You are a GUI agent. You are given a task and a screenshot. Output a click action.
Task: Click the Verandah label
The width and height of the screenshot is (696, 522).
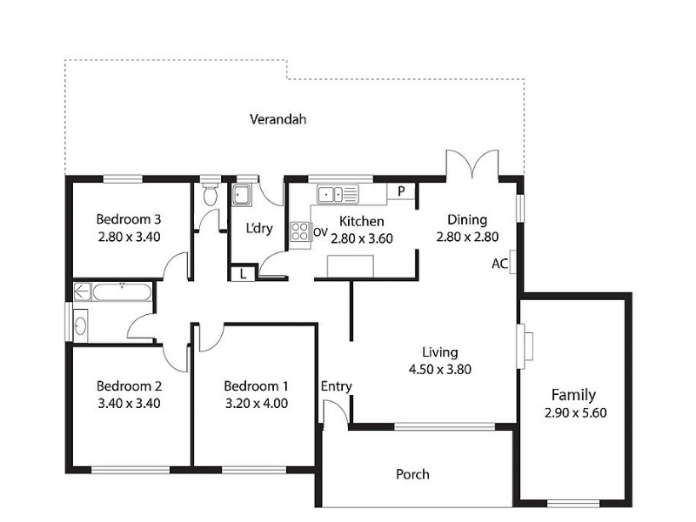(x=278, y=119)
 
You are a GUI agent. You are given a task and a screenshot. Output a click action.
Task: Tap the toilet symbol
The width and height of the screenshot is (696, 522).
(x=211, y=192)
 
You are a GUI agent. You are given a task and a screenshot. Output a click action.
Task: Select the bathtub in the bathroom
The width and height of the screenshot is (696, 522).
(x=122, y=292)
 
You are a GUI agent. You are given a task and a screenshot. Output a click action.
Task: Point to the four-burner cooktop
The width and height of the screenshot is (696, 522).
(x=299, y=231)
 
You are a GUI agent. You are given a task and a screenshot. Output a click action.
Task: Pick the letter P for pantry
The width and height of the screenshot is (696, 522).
(x=401, y=191)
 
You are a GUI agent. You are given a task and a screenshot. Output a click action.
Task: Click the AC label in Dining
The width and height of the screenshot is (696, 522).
(x=499, y=264)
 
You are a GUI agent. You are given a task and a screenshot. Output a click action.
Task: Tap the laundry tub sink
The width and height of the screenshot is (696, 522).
(x=242, y=195)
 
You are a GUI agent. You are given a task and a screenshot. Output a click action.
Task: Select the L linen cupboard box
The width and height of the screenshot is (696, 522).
(x=243, y=273)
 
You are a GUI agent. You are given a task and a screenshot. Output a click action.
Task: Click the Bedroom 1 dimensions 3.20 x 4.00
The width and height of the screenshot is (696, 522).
(x=257, y=404)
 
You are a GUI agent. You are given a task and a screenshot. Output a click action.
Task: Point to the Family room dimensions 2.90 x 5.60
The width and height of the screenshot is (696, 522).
(x=575, y=412)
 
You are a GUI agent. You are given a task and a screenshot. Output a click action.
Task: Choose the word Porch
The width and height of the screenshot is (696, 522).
(x=412, y=474)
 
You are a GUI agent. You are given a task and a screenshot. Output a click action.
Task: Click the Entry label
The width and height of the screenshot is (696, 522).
(x=337, y=386)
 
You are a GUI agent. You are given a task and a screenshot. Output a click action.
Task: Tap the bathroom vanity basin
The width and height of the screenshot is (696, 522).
(x=80, y=326)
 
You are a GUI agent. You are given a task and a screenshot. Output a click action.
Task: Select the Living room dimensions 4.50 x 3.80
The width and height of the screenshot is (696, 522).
(x=440, y=369)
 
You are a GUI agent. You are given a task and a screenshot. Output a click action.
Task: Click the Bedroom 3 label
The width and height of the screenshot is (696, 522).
(x=129, y=219)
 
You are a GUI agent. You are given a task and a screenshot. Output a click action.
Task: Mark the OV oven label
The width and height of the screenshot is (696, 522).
(x=320, y=232)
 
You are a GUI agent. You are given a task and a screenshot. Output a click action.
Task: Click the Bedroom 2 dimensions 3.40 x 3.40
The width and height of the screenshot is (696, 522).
(x=129, y=404)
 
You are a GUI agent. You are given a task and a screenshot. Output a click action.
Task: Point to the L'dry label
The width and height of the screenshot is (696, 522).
(x=259, y=228)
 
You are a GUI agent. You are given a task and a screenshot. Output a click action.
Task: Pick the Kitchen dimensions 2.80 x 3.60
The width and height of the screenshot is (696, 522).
(x=362, y=238)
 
